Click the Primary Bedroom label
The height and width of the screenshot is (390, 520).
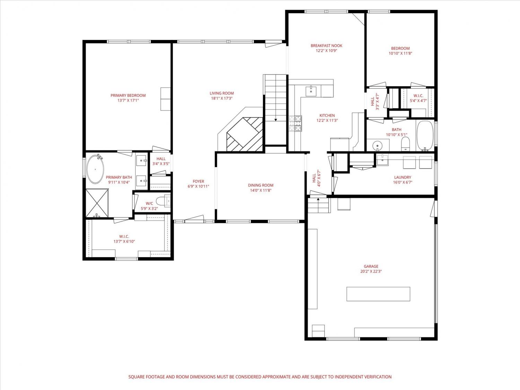click(x=128, y=95)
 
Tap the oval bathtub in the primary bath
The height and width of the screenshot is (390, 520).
click(x=95, y=169)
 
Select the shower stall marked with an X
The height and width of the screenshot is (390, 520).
click(x=97, y=203)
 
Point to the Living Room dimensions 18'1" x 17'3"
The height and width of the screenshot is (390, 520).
click(x=222, y=98)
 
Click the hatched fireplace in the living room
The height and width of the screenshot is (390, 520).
click(x=245, y=134)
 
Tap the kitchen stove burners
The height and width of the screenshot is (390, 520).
click(x=295, y=123)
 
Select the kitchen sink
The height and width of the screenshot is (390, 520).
click(x=311, y=91)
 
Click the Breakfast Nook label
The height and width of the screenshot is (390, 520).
click(x=327, y=46)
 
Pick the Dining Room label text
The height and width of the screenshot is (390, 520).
click(x=261, y=185)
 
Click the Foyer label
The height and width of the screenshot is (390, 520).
click(x=198, y=181)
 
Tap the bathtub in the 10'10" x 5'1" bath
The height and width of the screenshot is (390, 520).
click(x=425, y=136)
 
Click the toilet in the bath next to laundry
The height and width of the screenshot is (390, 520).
click(x=406, y=144)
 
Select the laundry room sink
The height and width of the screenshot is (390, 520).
click(x=382, y=159)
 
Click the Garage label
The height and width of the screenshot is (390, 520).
click(x=371, y=266)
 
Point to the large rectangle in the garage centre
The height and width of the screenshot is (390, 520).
click(x=378, y=294)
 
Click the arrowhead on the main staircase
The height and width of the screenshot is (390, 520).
click(x=276, y=120)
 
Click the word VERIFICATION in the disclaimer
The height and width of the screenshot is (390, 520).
click(x=378, y=377)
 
